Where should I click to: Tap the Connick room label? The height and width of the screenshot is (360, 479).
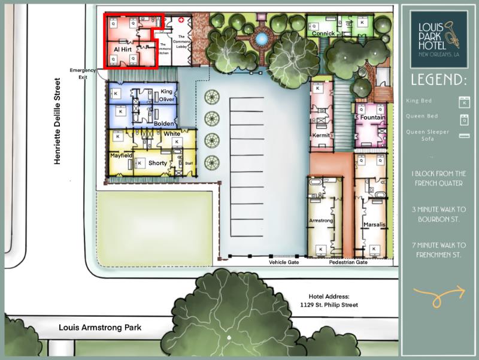tap(323, 34)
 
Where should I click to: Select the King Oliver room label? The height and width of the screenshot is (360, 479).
tap(167, 95)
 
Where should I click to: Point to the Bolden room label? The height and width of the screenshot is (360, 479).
tap(163, 123)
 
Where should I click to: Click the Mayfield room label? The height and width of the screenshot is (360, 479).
tap(120, 155)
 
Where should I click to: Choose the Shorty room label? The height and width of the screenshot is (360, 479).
tap(157, 163)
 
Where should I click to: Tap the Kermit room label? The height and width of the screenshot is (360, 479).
tap(321, 135)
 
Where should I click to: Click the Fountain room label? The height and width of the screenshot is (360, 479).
tap(372, 117)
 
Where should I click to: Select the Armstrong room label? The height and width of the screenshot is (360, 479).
tap(320, 221)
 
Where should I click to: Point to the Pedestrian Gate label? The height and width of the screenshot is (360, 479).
tap(348, 262)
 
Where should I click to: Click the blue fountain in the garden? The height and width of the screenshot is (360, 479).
tap(261, 40)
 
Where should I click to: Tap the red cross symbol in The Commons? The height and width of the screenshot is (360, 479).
tap(181, 20)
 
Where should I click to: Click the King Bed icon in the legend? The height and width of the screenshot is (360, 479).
tap(462, 101)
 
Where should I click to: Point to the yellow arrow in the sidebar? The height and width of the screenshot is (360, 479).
tap(439, 294)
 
